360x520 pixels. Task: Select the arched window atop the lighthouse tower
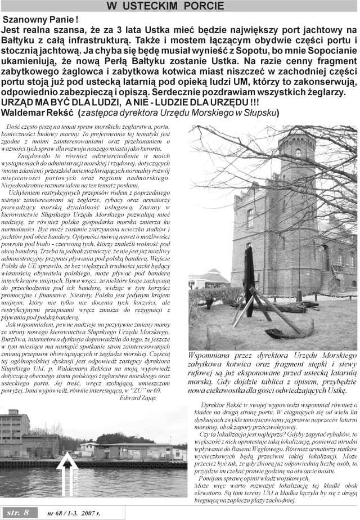pyautogui.click(x=298, y=153)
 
